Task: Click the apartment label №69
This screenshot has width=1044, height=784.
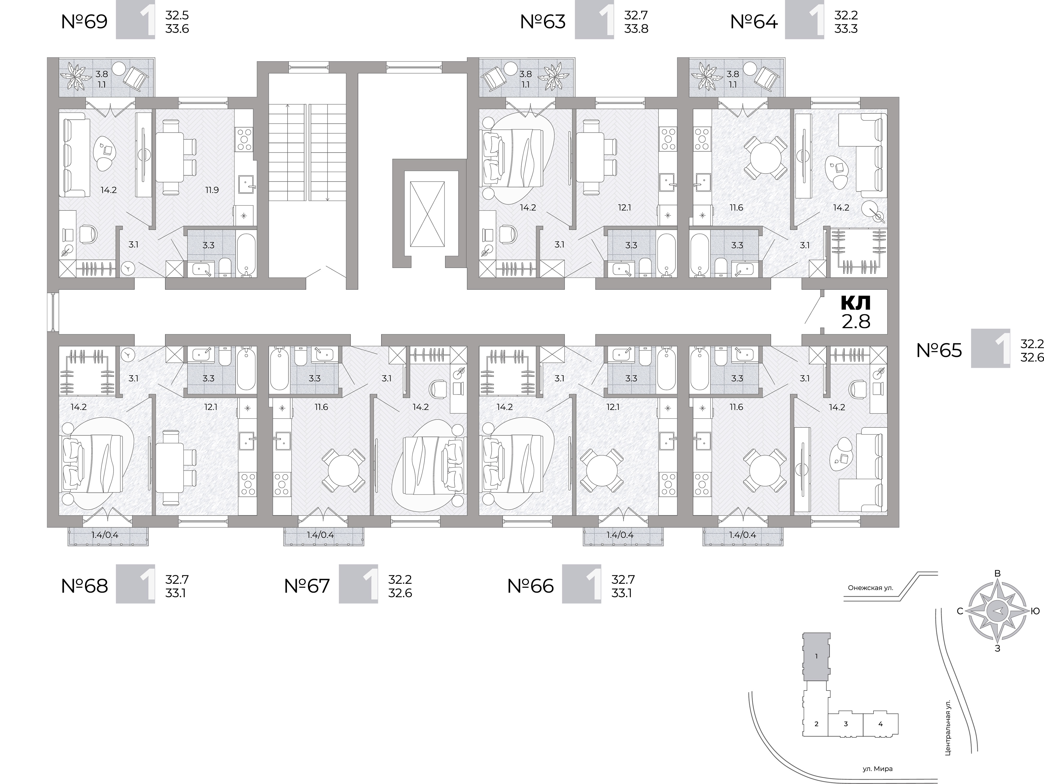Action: point(85,22)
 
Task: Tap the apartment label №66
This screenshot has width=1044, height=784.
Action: point(531,586)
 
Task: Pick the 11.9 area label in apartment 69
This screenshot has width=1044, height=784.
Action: point(212,190)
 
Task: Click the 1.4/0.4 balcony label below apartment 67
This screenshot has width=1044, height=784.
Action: point(321,535)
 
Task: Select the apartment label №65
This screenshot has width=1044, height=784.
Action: point(939,350)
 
